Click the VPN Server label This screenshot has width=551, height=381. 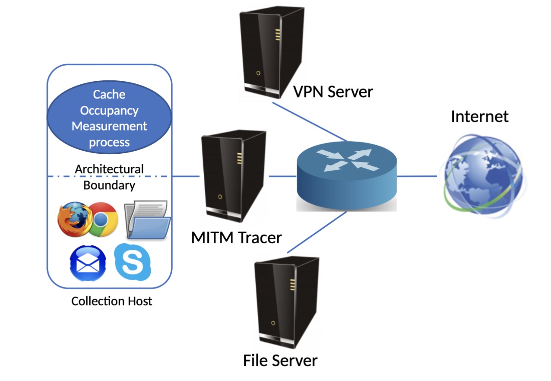click(x=333, y=92)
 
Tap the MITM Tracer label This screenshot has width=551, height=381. click(x=236, y=237)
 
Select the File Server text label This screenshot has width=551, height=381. click(x=280, y=360)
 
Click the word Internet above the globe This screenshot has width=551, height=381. click(x=479, y=116)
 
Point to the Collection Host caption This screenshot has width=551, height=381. click(x=111, y=301)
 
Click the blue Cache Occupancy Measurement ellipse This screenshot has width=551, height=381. click(x=109, y=118)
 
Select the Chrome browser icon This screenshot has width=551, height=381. click(x=102, y=219)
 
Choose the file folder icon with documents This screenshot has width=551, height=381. click(x=147, y=219)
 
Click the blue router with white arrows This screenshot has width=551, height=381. click(x=347, y=178)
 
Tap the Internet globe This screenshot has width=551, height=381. click(x=480, y=175)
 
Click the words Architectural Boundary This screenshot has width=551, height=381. click(x=109, y=177)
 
